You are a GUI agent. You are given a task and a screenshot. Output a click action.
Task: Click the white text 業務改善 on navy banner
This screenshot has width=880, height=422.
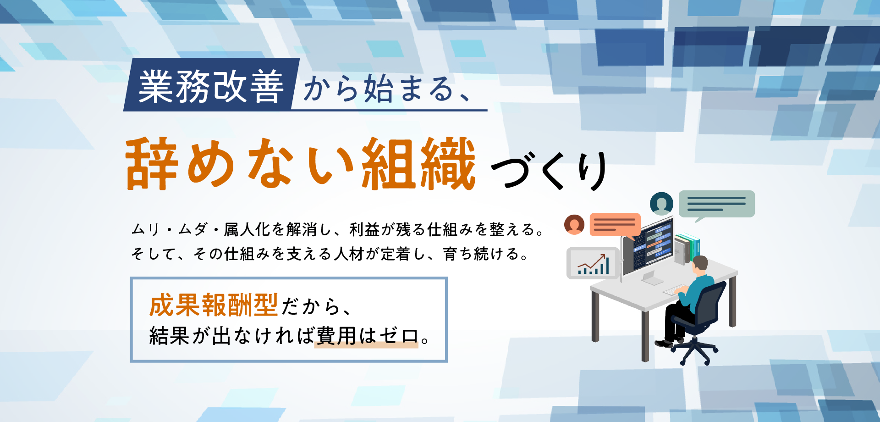211,87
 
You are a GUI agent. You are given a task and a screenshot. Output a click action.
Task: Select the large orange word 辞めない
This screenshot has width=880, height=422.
240,164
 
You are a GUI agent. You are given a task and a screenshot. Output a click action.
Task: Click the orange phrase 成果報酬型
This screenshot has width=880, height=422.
214,305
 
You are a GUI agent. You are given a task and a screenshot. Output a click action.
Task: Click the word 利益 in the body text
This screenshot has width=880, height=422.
365,229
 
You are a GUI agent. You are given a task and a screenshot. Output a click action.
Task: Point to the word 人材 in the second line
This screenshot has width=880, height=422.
348,254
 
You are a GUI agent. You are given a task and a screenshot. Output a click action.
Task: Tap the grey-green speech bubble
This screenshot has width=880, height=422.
716,204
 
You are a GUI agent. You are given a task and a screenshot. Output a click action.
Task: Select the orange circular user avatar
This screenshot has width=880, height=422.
574,224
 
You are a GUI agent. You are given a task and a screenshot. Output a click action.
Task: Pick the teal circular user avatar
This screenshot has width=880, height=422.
661,204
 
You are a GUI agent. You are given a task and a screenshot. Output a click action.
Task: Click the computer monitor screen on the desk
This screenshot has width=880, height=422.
652,247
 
